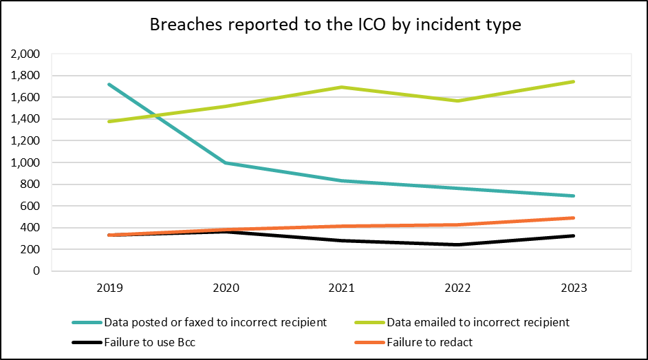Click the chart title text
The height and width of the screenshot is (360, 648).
[x=336, y=25]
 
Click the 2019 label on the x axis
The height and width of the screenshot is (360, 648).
[x=110, y=288]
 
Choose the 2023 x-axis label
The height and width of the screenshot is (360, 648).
[x=573, y=288]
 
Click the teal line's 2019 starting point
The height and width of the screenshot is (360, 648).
[x=110, y=85]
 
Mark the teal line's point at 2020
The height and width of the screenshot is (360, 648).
[x=226, y=163]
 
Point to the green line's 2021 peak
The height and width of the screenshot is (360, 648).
[x=341, y=87]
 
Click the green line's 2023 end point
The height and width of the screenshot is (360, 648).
[x=573, y=82]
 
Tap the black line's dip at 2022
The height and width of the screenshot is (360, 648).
[x=457, y=244]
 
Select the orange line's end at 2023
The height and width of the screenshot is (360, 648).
[x=573, y=218]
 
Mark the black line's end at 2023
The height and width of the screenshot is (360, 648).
[x=573, y=236]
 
